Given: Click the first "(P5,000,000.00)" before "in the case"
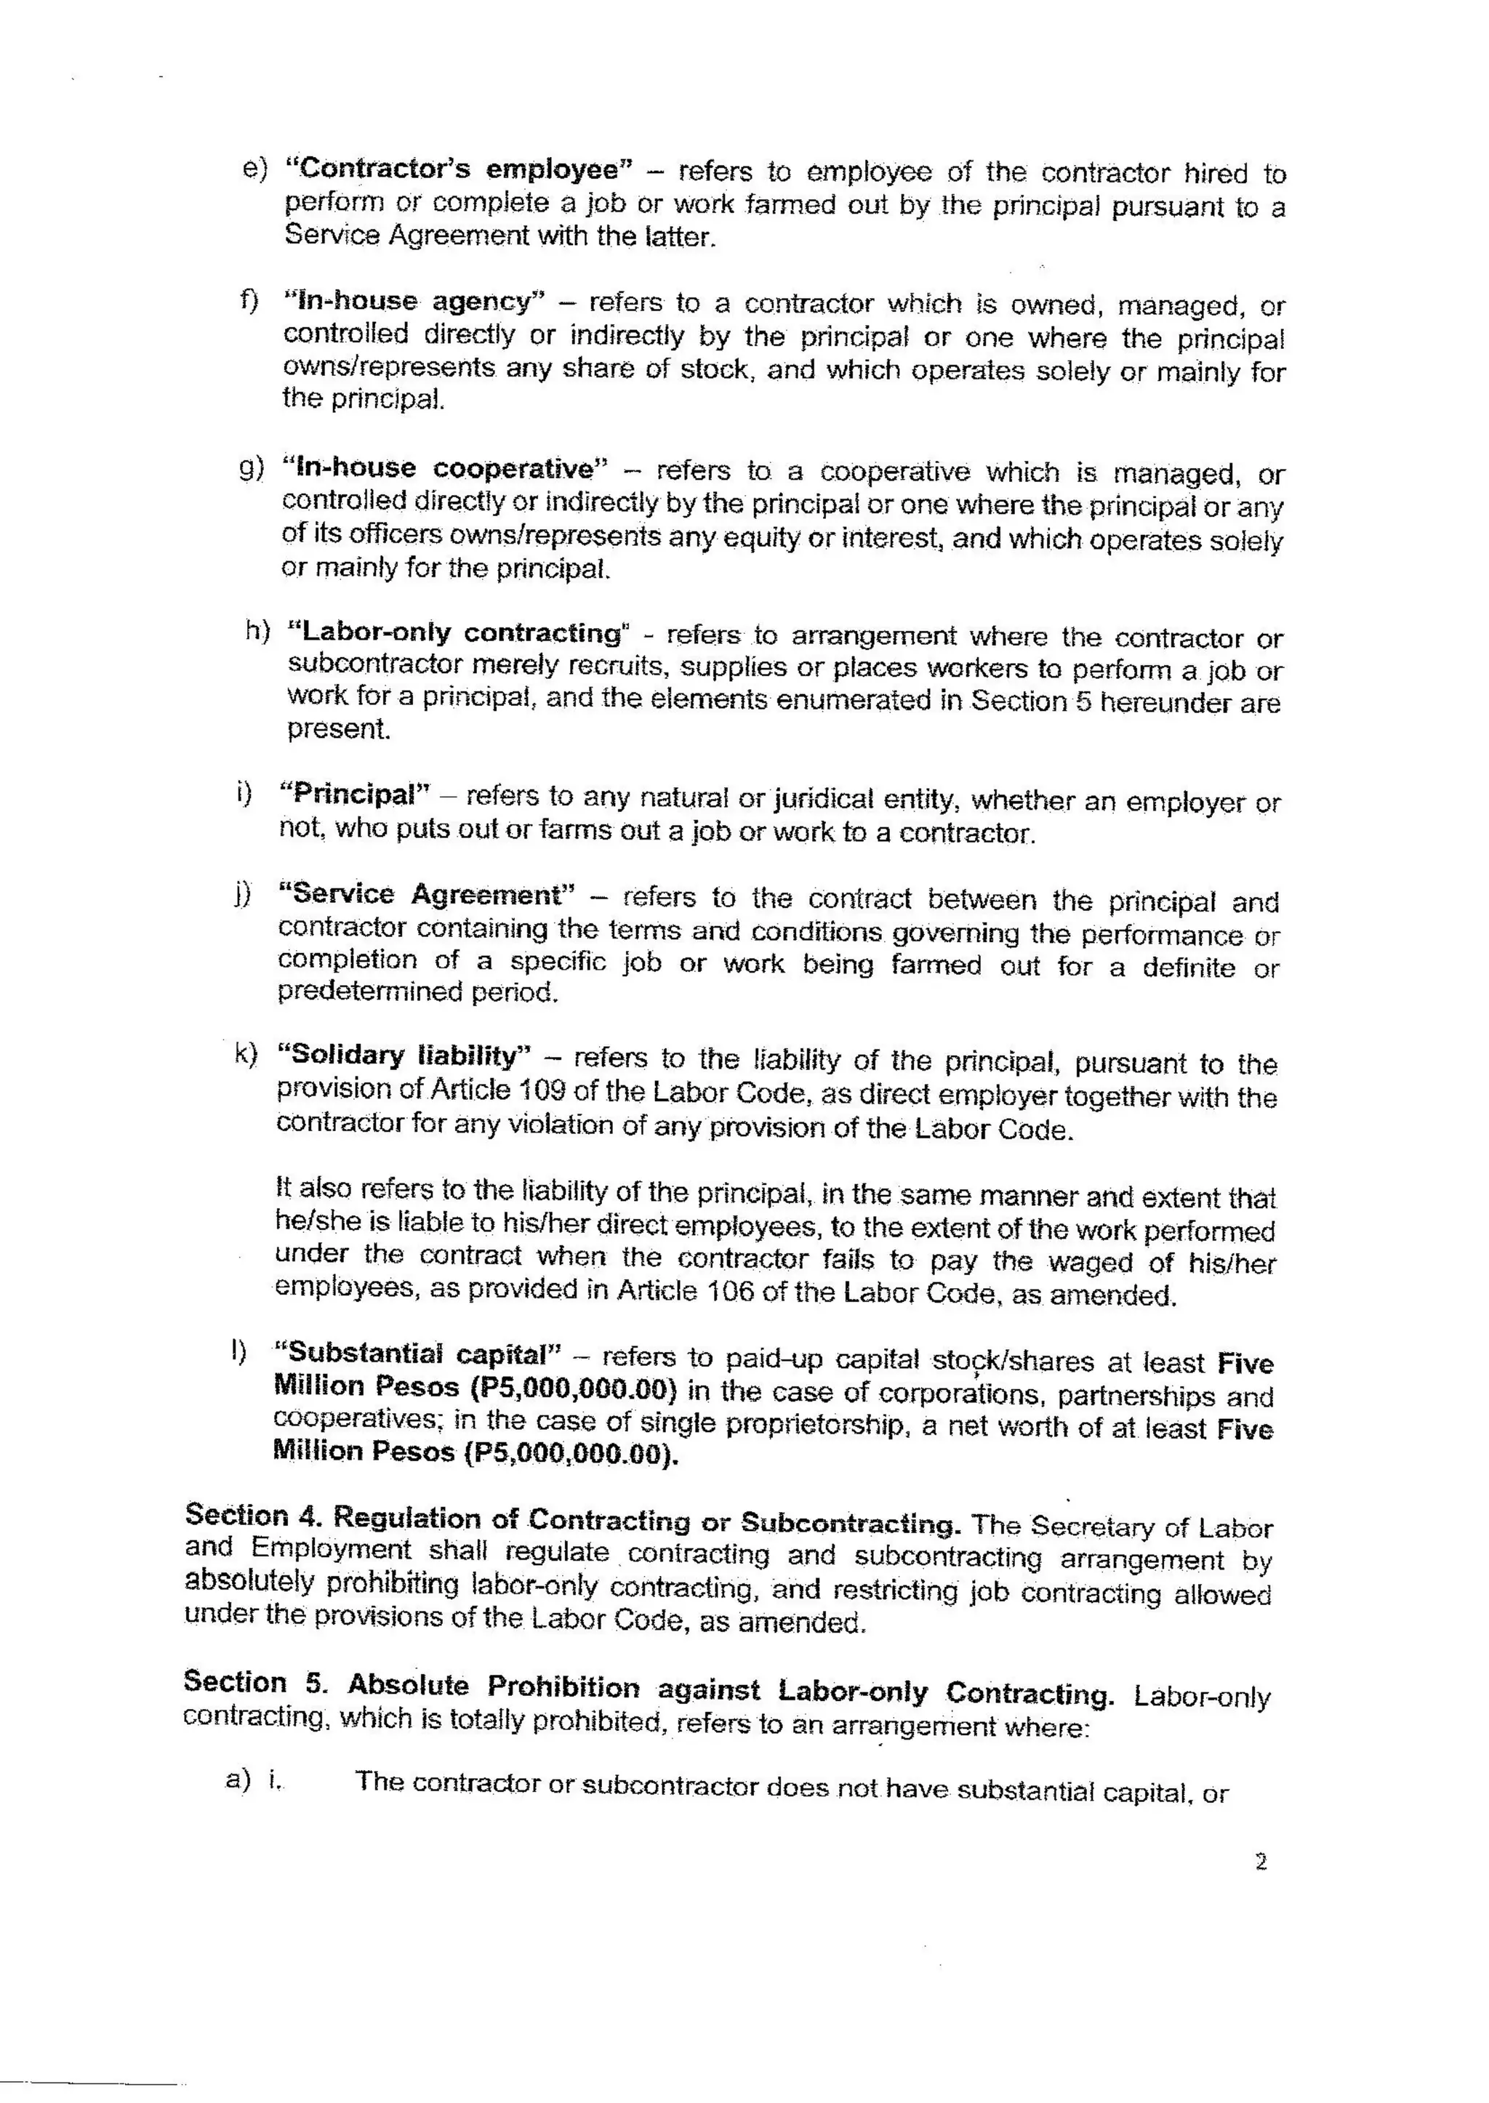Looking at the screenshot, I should pos(573,1389).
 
